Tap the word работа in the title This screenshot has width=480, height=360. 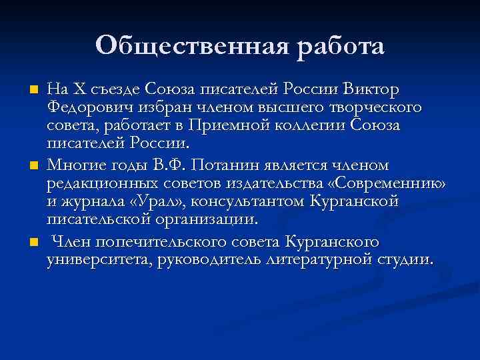click(339, 46)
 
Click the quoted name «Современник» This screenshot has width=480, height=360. click(393, 183)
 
